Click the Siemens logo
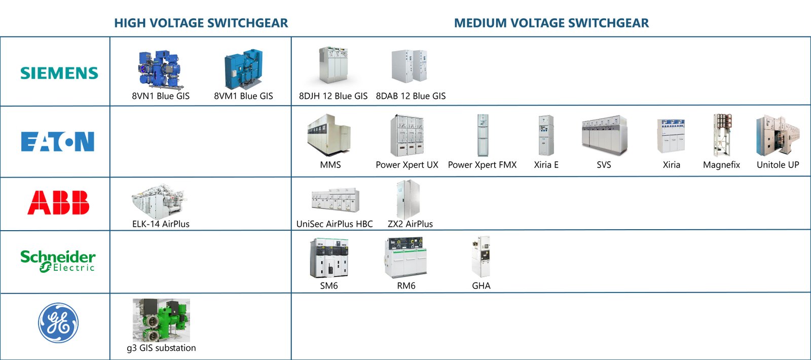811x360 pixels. click(x=59, y=73)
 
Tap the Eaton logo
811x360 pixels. click(x=58, y=141)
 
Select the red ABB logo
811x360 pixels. click(x=58, y=203)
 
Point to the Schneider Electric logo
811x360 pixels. click(x=58, y=261)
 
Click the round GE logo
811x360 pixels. click(x=58, y=323)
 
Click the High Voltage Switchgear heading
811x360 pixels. click(x=201, y=23)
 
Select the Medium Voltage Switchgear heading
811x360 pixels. click(x=551, y=23)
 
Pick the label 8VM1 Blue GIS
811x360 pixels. click(x=243, y=96)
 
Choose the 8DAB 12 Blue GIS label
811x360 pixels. click(x=411, y=96)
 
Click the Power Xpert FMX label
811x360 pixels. click(x=482, y=165)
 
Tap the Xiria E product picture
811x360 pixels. click(x=546, y=135)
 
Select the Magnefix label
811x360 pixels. click(x=721, y=165)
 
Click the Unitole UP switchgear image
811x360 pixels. click(x=778, y=135)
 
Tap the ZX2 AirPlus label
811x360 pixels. click(x=410, y=224)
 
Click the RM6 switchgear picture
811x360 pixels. click(x=405, y=258)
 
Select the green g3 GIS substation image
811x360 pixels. click(x=161, y=320)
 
